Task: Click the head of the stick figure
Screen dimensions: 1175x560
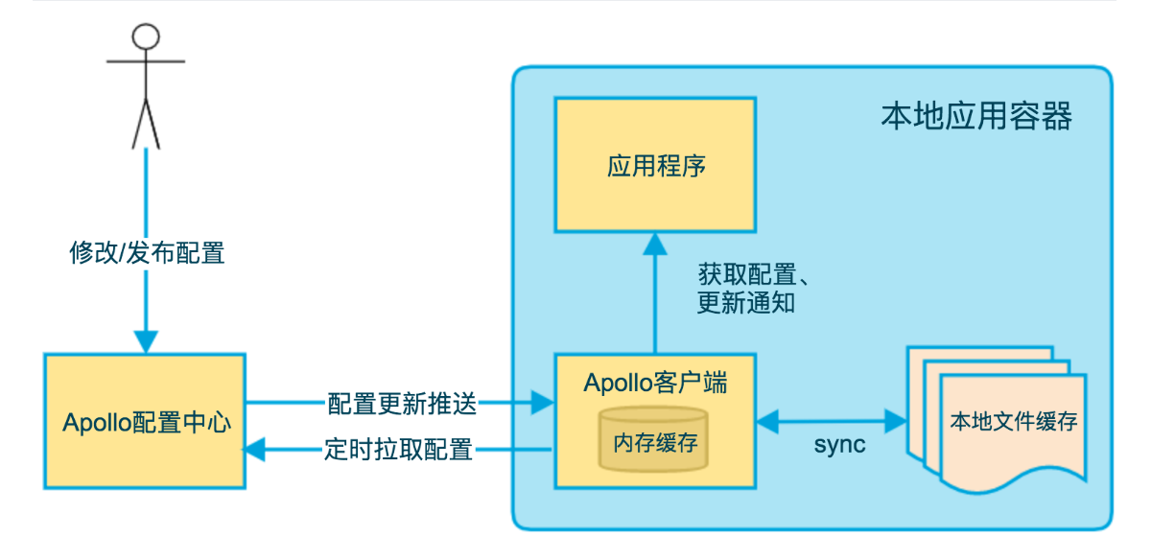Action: [x=146, y=36]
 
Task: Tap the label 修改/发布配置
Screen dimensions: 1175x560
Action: [x=147, y=253]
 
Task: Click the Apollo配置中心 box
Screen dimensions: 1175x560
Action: [x=145, y=421]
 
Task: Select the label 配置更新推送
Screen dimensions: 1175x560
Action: [x=402, y=404]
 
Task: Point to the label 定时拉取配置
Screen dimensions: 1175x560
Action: [x=399, y=450]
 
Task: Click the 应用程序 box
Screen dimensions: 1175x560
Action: [x=655, y=165]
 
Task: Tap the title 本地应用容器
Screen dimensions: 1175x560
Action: [x=976, y=116]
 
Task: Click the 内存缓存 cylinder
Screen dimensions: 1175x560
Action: [x=654, y=439]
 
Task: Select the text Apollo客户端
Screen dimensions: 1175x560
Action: [x=656, y=383]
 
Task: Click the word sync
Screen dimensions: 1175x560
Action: [x=839, y=445]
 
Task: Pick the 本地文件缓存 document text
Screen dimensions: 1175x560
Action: [x=1014, y=421]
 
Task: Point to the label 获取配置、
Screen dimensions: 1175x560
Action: [x=753, y=273]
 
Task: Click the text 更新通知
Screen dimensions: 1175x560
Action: [x=746, y=303]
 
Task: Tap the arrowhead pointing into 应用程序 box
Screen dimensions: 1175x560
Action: [x=655, y=244]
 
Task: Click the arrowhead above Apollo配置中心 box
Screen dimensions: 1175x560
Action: [x=146, y=342]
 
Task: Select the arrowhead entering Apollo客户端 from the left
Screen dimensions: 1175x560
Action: [x=543, y=403]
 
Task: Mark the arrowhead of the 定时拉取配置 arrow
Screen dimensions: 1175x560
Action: [x=255, y=450]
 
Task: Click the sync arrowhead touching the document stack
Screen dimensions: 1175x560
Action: [x=896, y=421]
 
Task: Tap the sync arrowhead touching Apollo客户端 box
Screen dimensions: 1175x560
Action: [x=767, y=421]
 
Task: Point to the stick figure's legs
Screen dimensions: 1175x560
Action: [x=146, y=125]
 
